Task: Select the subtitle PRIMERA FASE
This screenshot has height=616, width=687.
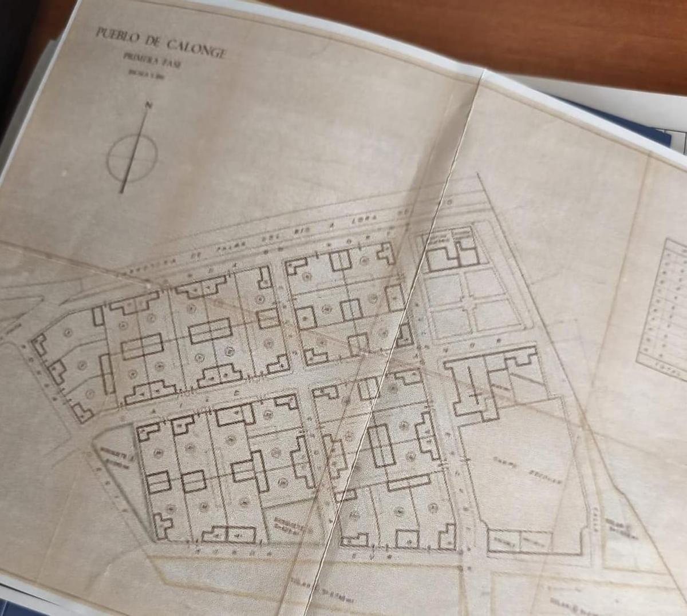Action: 152,60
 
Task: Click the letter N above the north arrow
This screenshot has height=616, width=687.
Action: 149,105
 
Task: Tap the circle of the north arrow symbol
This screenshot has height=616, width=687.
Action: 132,157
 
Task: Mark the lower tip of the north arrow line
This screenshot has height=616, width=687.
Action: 122,191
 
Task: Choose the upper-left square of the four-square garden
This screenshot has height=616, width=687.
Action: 444,289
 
